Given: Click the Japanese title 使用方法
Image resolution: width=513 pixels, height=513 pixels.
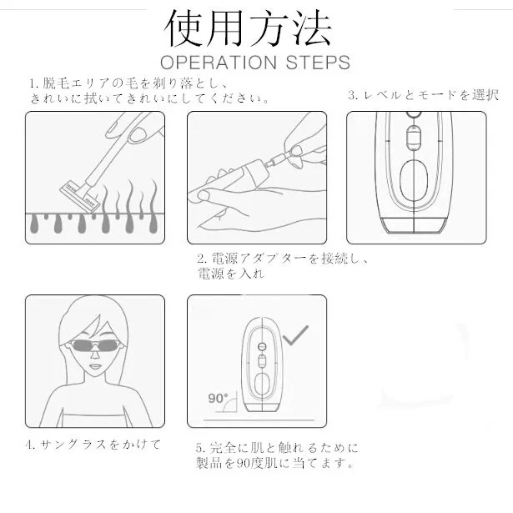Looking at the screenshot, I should (249, 28).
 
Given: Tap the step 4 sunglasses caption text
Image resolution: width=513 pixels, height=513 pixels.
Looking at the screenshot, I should (93, 443).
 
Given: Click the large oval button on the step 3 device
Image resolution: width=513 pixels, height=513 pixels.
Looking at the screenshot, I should (415, 180).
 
